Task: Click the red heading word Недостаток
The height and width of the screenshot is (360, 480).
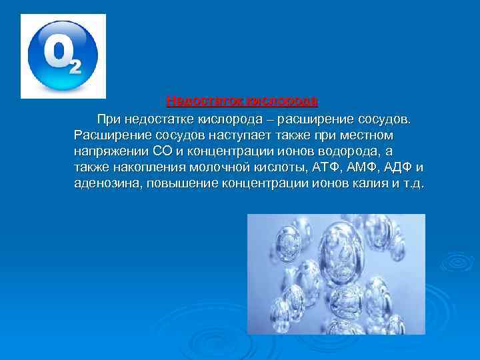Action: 204,101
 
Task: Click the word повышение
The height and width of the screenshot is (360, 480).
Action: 179,183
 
